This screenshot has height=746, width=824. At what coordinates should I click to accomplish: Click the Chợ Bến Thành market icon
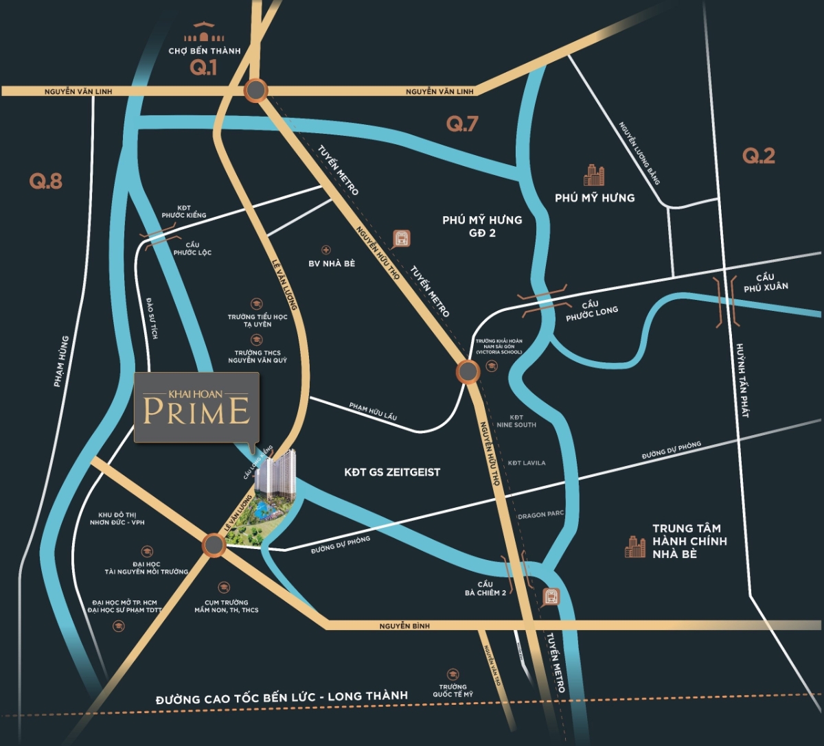point(205,33)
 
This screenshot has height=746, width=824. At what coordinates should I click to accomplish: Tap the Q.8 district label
point(46,181)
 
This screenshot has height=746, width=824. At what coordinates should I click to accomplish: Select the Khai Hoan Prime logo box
point(196,408)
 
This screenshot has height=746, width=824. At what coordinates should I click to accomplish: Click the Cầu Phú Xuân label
point(766,282)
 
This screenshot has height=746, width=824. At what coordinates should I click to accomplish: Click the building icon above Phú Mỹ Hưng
point(594,176)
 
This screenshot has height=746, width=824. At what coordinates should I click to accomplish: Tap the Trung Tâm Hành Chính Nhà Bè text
point(689,541)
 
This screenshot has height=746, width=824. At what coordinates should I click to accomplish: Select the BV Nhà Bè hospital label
point(332,264)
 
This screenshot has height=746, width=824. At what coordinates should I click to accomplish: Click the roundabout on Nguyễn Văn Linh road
point(255,91)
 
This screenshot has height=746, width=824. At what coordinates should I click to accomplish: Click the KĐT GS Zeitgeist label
point(392,472)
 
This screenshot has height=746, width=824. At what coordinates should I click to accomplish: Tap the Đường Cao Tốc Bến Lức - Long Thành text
point(282,697)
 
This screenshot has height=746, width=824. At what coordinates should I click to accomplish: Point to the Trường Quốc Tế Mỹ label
point(453,690)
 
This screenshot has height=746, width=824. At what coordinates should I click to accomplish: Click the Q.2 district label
point(759,156)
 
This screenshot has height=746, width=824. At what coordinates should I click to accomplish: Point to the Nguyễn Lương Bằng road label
point(639,153)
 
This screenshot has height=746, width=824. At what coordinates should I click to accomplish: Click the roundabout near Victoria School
point(468,372)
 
